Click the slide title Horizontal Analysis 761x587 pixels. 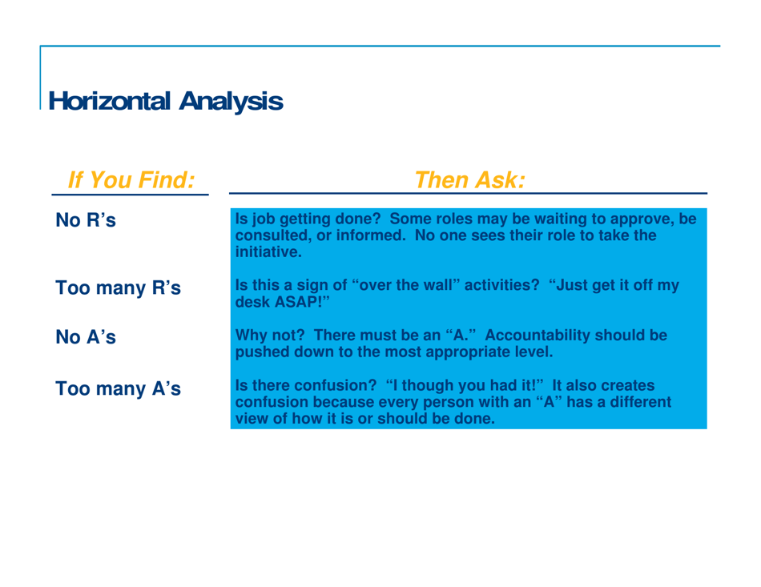pos(165,100)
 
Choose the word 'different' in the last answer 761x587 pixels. pos(629,401)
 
